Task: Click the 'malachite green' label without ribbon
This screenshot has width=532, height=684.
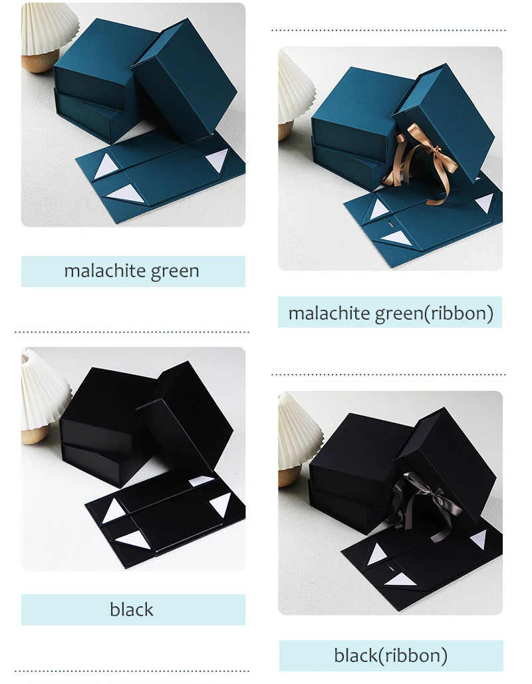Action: [x=132, y=271]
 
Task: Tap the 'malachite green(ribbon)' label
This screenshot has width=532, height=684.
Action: [x=390, y=312]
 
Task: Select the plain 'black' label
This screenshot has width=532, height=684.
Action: [x=132, y=610]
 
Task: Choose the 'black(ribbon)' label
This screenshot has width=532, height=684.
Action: [x=390, y=655]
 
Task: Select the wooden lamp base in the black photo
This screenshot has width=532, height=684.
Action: [x=33, y=435]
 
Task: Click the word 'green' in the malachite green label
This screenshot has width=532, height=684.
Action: [x=175, y=271]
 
